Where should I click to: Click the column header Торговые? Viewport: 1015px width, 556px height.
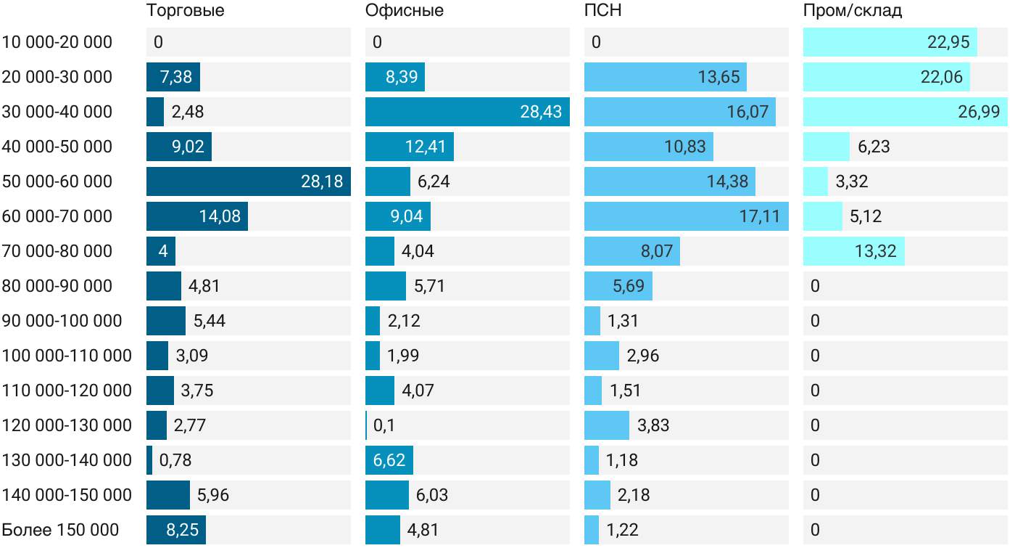coord(185,11)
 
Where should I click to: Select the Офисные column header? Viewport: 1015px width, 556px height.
coord(405,11)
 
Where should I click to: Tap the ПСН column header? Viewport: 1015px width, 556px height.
coord(602,11)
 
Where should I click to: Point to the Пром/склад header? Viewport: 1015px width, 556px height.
coord(853,11)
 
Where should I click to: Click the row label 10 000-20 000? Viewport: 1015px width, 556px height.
coord(57,42)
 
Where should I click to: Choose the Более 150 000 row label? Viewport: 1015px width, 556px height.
coord(60,530)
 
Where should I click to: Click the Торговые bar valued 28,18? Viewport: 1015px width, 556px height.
coord(248,181)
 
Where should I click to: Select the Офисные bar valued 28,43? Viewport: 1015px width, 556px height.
coord(467,112)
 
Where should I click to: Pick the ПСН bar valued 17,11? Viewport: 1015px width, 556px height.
coord(686,216)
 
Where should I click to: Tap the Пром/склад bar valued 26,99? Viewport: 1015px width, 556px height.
coord(905,112)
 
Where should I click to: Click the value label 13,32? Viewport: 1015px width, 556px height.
coord(876,251)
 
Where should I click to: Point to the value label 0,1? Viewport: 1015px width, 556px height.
coord(384,425)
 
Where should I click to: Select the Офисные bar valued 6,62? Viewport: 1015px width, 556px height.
coord(389,460)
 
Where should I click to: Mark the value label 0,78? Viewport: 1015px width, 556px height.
coord(175,460)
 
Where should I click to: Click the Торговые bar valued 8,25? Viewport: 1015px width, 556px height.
coord(176,530)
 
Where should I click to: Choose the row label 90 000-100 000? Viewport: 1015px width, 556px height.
coord(62,321)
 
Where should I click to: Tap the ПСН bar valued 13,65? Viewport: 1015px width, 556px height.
coord(665,77)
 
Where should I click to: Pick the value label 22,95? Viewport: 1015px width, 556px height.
coord(948,42)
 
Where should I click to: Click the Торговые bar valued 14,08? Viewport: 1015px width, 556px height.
coord(196,216)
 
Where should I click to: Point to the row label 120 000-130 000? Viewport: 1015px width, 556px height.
coord(67,425)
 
